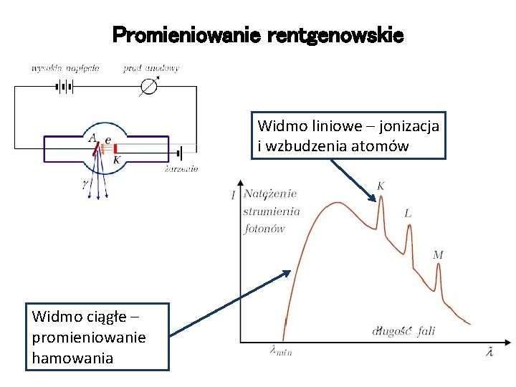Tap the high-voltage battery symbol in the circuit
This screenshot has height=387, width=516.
coord(64,87)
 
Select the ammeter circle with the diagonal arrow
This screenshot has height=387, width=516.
coord(150,87)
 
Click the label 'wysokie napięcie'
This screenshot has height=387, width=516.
coord(64,68)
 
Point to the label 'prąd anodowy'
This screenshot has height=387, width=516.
coord(150,68)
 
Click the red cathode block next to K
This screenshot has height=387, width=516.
coord(115,149)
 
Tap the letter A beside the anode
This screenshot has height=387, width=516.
coord(92,137)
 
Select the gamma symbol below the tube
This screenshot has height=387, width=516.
coord(85,184)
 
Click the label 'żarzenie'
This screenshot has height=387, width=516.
coord(181,169)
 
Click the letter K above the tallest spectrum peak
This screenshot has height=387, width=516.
coord(381,186)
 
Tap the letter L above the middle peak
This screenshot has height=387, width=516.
coord(408,213)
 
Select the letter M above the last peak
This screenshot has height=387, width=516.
coord(438,254)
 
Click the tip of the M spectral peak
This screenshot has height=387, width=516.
coord(439,265)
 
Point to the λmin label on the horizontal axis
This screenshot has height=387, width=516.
coord(280,352)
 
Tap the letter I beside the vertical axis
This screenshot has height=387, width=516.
coord(233,195)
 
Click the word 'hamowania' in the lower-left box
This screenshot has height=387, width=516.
coord(72,358)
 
